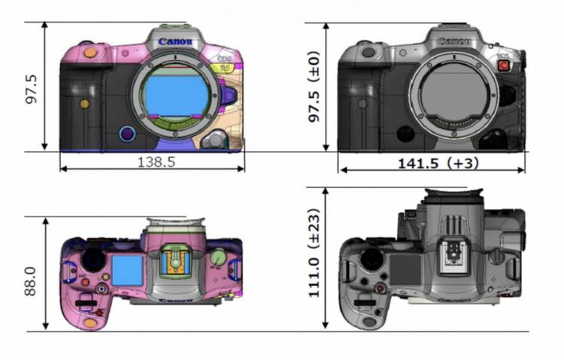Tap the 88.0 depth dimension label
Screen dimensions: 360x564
pos(31,277)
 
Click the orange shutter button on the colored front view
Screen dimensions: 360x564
pos(89,52)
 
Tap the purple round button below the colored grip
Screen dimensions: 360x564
pos(127,135)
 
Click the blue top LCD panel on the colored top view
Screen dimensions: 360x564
pos(127,270)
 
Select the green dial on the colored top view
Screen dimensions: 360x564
pos(218,258)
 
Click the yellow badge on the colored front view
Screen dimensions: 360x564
pos(223,68)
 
